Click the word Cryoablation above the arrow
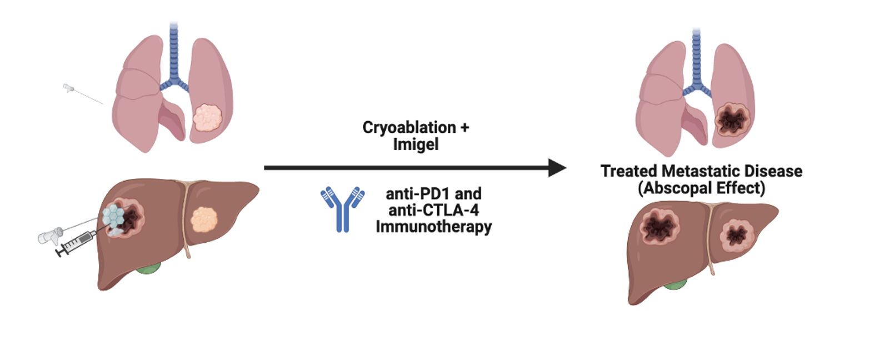click(409, 127)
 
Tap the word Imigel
click(416, 144)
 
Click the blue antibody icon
click(342, 209)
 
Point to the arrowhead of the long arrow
click(557, 168)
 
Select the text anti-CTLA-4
click(433, 210)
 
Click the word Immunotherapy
click(433, 227)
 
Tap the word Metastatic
click(700, 171)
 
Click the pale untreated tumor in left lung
click(207, 117)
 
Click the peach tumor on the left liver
click(204, 219)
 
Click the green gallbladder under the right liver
click(674, 285)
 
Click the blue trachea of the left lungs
click(174, 56)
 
